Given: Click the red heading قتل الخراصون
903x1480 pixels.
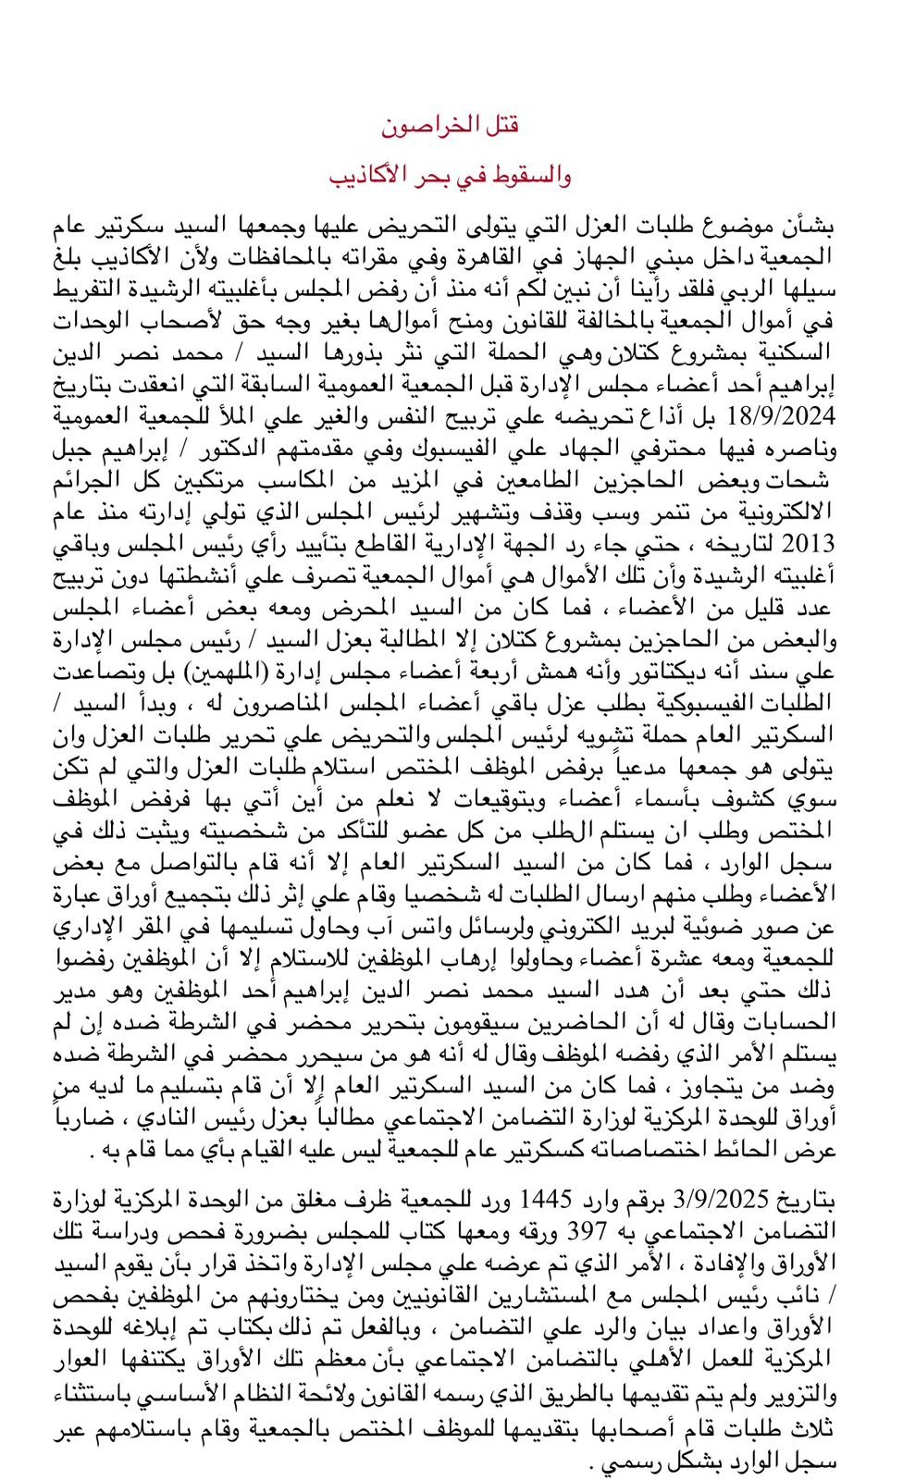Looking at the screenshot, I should [x=451, y=124].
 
